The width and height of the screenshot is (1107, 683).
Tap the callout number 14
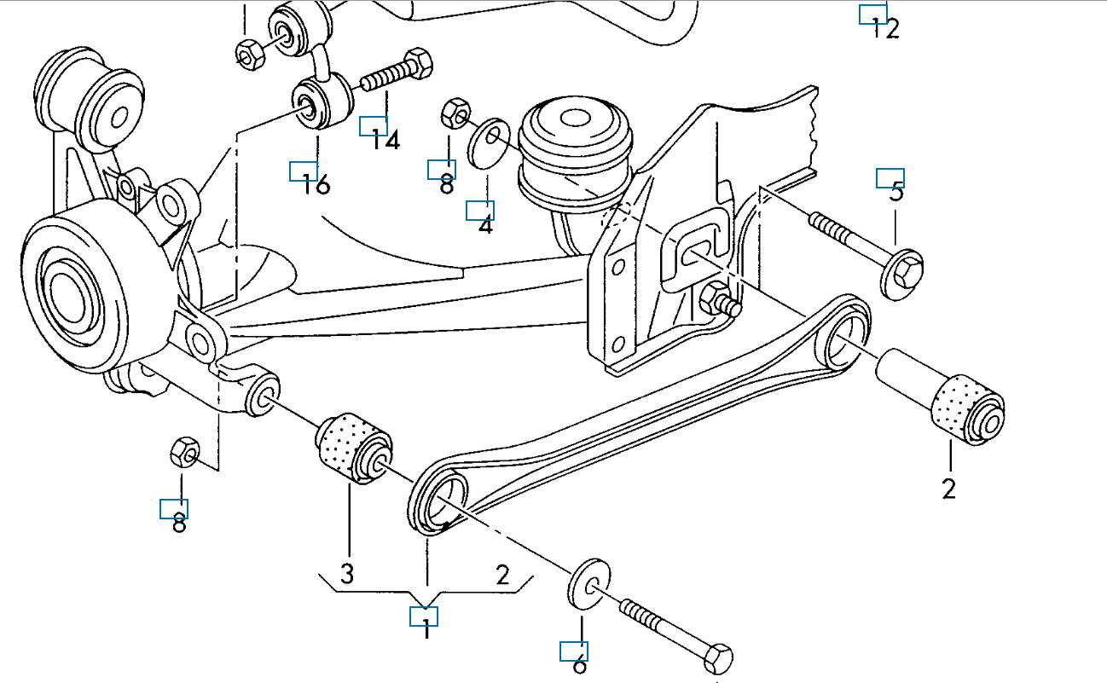[x=385, y=140]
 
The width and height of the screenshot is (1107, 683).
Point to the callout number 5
[x=896, y=192]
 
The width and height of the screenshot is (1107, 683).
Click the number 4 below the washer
[x=485, y=226]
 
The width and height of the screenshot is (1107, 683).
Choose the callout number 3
[x=346, y=574]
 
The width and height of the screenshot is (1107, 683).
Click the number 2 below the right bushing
[x=948, y=489]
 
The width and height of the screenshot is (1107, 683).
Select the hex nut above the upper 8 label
[x=455, y=112]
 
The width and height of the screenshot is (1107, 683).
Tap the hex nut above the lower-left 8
[x=185, y=451]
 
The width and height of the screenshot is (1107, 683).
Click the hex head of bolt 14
[x=418, y=65]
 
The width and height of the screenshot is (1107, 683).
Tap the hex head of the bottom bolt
[x=717, y=660]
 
